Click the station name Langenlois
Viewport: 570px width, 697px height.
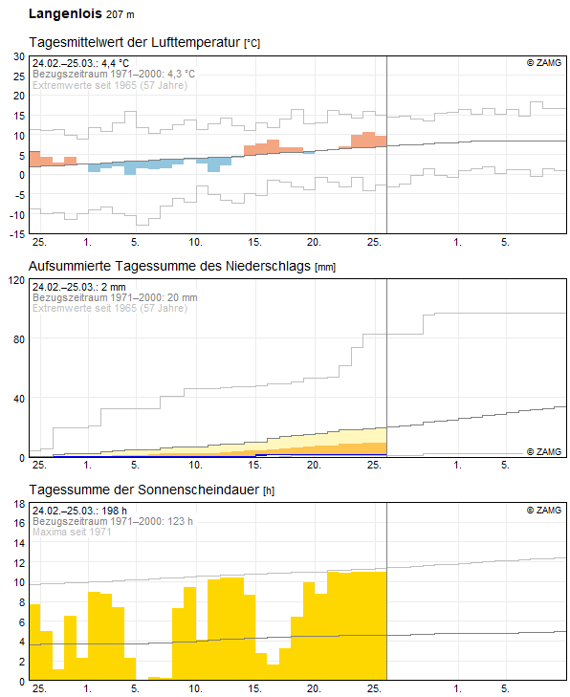65,13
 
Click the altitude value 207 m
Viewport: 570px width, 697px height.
121,14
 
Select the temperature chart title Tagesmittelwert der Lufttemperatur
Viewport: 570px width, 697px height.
134,42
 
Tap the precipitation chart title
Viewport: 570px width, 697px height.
169,266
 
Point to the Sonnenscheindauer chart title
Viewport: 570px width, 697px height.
144,490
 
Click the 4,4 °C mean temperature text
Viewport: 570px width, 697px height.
115,63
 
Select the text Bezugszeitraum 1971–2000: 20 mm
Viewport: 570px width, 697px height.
115,297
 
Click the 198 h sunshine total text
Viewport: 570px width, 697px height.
114,511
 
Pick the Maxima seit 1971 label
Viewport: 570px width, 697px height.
72,532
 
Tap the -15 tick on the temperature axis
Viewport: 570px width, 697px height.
18,234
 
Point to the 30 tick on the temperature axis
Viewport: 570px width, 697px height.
19,56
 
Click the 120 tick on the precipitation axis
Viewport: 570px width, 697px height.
17,280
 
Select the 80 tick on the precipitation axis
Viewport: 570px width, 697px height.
19,339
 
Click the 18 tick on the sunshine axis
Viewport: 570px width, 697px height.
19,504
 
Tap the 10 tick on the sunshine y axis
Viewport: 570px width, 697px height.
19,583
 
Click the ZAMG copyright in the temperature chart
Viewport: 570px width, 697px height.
544,63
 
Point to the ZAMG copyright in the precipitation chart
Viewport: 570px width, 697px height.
544,451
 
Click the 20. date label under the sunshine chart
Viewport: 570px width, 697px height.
314,688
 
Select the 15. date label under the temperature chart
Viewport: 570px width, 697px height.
254,242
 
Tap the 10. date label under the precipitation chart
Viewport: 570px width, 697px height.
196,465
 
